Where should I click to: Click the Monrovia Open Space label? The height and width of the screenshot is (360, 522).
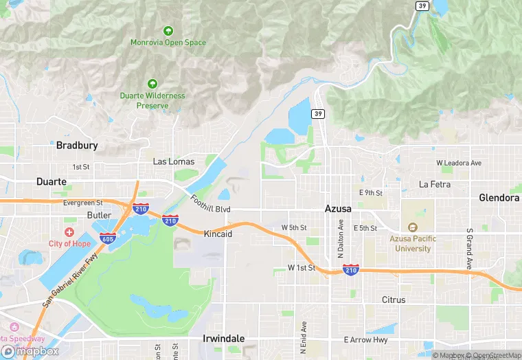(x=168, y=43)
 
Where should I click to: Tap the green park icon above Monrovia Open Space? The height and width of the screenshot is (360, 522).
(x=168, y=30)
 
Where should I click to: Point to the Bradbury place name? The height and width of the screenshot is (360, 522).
(x=77, y=145)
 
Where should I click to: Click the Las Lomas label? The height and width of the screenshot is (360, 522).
(x=173, y=161)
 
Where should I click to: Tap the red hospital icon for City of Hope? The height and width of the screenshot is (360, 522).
(x=69, y=232)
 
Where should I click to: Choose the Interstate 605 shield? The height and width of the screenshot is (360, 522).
(x=107, y=238)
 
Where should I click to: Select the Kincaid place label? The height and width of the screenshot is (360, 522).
(x=218, y=234)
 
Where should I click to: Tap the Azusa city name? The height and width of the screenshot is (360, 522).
(x=339, y=207)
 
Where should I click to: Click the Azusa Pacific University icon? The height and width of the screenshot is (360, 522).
(x=412, y=227)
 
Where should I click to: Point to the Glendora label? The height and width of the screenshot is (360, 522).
(x=499, y=198)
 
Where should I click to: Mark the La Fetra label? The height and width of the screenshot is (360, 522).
(x=434, y=184)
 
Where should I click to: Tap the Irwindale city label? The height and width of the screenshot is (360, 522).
(x=223, y=339)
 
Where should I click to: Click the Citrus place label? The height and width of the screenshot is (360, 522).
(x=394, y=300)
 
